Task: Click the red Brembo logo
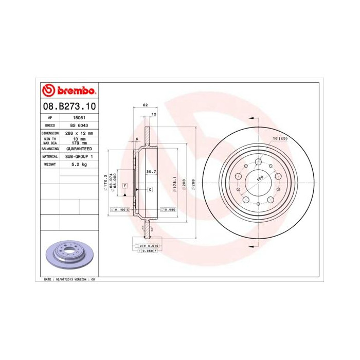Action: click(x=67, y=91)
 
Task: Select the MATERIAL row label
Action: click(x=50, y=156)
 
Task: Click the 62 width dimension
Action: click(x=145, y=105)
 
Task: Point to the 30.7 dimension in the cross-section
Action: click(x=151, y=171)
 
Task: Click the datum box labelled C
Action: click(x=149, y=190)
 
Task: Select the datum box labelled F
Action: click(x=125, y=185)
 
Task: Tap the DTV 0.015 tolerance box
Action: click(x=150, y=246)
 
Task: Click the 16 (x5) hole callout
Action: click(x=279, y=139)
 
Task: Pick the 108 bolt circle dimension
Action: click(x=259, y=178)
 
